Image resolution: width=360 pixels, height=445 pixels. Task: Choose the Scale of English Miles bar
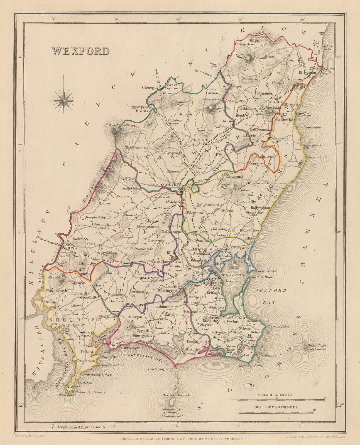[x=276, y=412]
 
